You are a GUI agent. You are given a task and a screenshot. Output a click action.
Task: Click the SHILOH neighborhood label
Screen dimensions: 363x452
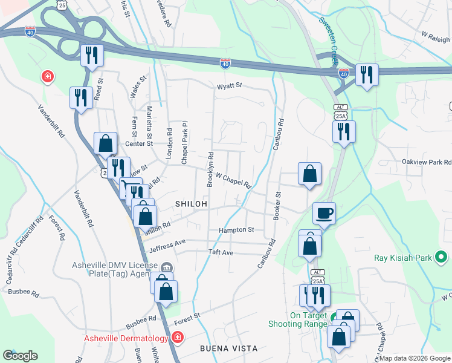(x=192, y=204)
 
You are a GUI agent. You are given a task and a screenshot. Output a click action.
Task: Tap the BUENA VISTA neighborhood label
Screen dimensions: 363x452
(x=229, y=348)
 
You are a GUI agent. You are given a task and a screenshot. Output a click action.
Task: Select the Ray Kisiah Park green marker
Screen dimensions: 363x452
(x=441, y=258)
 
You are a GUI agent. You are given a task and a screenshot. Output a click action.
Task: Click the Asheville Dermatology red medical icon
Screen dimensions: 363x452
(x=177, y=337)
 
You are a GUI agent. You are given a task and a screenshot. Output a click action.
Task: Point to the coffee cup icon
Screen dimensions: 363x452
(x=324, y=214)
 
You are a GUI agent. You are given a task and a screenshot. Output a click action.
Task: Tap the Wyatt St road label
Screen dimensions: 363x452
(x=230, y=85)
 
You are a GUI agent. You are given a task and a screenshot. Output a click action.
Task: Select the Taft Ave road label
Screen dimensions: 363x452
(x=221, y=252)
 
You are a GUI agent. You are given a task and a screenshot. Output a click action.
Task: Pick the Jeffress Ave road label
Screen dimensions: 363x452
(x=167, y=244)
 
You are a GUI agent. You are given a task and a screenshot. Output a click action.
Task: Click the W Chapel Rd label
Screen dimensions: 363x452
(x=233, y=180)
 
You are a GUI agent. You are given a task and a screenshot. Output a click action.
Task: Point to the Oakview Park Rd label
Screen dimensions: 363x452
(x=427, y=162)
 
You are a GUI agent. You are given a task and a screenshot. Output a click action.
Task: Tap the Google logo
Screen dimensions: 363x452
(x=20, y=356)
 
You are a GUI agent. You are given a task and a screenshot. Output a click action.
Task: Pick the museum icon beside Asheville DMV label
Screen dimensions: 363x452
(x=166, y=267)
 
